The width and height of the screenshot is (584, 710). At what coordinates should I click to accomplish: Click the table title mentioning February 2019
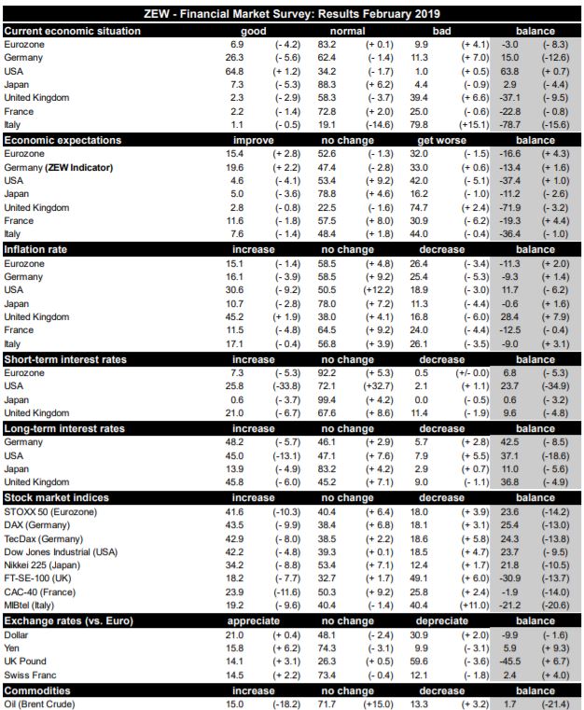coord(292,14)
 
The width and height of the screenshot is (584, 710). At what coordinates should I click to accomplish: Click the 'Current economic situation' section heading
coord(72,31)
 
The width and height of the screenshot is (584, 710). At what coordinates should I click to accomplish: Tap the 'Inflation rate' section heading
coord(38,249)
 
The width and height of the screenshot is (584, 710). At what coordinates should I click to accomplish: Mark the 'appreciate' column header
coord(254,620)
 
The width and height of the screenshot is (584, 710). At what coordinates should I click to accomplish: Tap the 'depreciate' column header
coord(441,620)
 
